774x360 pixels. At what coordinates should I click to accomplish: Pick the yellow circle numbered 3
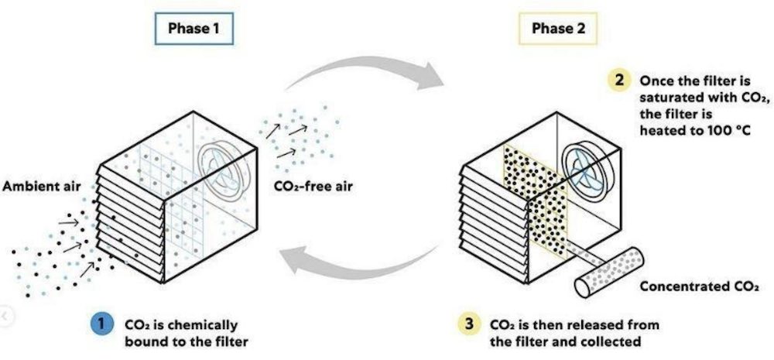coord(470,324)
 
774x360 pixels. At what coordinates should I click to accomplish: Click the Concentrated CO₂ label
coord(694,286)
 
